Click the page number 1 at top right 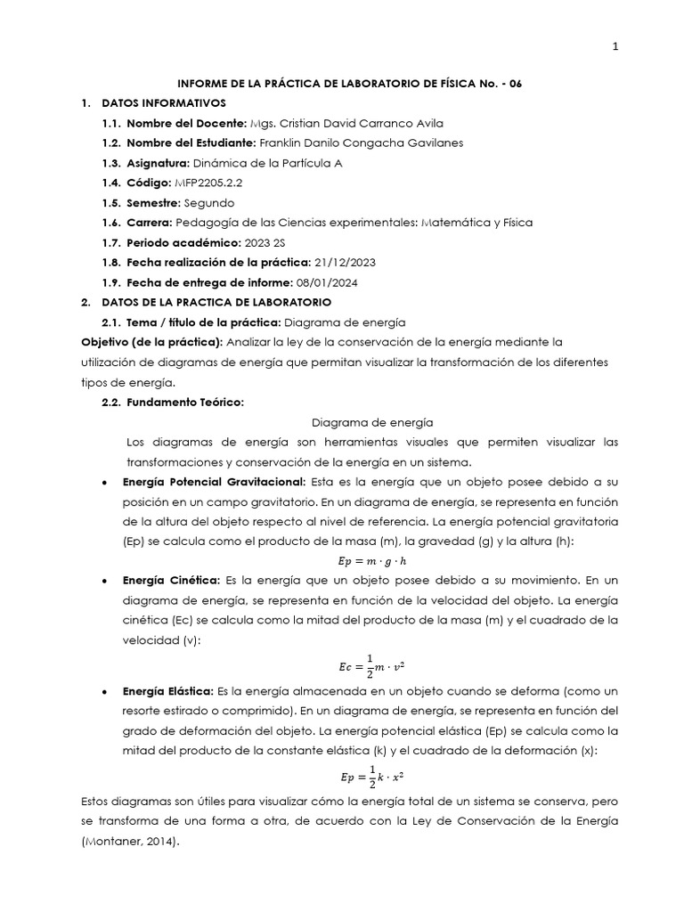point(615,48)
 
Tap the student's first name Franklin point(280,142)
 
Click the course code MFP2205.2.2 point(210,182)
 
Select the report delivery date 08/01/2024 point(326,282)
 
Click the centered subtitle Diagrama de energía point(372,422)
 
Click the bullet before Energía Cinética point(106,581)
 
